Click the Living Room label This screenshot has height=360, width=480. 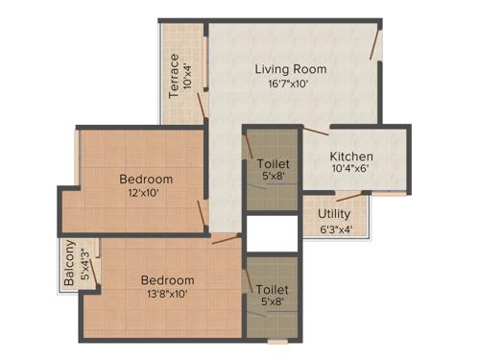(x=291, y=69)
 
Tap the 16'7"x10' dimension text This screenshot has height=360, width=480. (x=291, y=84)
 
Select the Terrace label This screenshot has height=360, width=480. (x=175, y=77)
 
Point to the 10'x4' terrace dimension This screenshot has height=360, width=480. (x=188, y=77)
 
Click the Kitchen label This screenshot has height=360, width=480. (x=351, y=156)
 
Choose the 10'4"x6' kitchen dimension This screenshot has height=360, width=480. (x=351, y=171)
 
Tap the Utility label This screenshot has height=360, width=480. (x=335, y=214)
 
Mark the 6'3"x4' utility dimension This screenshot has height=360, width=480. (x=335, y=229)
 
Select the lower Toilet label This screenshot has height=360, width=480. (x=271, y=289)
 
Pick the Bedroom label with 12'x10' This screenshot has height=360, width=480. (x=146, y=179)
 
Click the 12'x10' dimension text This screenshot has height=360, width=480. (x=146, y=194)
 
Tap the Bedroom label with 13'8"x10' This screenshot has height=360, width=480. (x=168, y=280)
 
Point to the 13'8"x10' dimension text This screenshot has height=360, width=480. (x=168, y=295)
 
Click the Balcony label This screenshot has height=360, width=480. (x=70, y=268)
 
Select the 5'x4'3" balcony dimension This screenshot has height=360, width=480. (x=84, y=266)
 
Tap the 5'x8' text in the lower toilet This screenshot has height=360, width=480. (x=271, y=302)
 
